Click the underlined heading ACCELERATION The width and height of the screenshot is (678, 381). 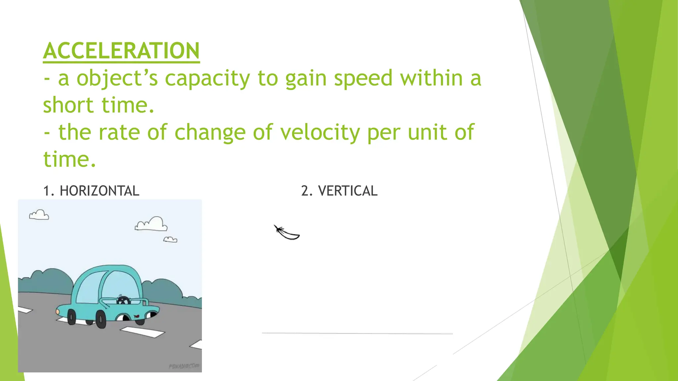click(x=121, y=51)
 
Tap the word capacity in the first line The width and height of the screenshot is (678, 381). click(x=207, y=79)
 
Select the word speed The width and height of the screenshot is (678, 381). click(x=363, y=79)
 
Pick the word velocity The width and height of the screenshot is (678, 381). click(x=320, y=133)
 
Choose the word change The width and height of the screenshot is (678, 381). click(x=210, y=133)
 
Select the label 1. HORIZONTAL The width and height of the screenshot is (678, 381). click(x=91, y=191)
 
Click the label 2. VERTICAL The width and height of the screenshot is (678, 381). click(x=339, y=191)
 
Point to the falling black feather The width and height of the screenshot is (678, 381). click(x=287, y=233)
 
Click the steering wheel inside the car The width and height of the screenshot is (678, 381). click(x=123, y=300)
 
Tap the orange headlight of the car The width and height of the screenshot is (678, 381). click(x=58, y=312)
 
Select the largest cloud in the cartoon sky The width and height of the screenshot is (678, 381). click(x=152, y=224)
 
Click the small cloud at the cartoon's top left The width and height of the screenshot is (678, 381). click(x=39, y=215)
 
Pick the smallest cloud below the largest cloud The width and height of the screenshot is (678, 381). click(x=170, y=239)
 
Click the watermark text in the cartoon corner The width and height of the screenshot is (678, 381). click(x=184, y=366)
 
